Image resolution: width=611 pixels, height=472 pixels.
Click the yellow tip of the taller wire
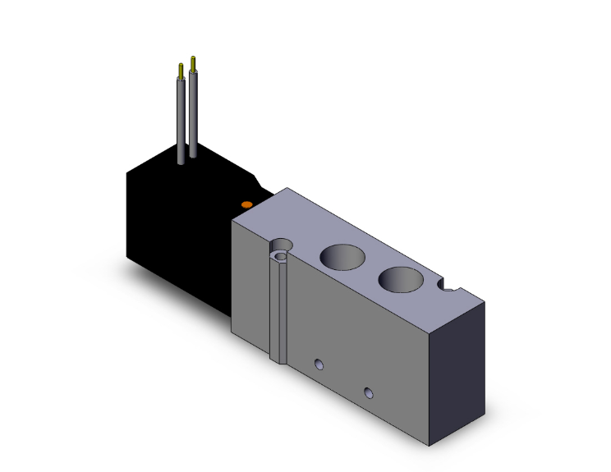(193, 62)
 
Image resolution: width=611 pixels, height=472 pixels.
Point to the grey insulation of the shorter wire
(181, 119)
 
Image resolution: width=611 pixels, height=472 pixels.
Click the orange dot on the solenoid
(245, 203)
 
